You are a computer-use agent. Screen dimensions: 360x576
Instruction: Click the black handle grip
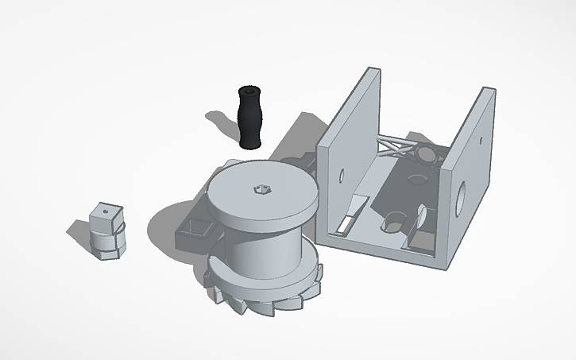[249, 118]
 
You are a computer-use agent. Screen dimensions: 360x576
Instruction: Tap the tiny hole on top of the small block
[105, 213]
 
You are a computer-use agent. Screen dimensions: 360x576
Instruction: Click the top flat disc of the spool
[262, 194]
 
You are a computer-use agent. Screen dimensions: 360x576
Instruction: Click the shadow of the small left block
[79, 233]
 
